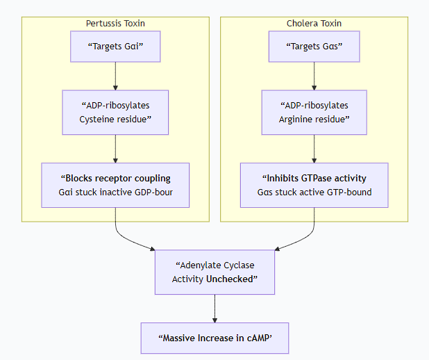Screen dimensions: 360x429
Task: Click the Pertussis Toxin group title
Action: (115, 24)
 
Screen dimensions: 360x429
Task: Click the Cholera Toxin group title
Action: (314, 24)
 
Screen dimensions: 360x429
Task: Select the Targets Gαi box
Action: (115, 47)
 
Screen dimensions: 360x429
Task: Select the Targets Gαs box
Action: (314, 47)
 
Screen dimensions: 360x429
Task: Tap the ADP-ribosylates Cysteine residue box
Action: (115, 112)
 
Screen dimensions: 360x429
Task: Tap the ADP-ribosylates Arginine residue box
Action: (314, 112)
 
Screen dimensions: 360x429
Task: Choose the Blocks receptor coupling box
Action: (115, 185)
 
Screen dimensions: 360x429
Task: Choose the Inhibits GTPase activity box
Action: (314, 185)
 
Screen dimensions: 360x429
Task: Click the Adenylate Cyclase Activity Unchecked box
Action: (214, 272)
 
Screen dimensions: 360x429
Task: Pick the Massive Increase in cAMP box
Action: (214, 338)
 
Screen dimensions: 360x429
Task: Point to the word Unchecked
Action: (231, 279)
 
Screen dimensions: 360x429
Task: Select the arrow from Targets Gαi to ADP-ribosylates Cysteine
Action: (115, 76)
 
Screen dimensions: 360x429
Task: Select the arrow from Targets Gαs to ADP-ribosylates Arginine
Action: (314, 76)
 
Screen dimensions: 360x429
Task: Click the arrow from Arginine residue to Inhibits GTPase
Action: (314, 148)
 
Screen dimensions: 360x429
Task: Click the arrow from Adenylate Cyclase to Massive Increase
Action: (214, 308)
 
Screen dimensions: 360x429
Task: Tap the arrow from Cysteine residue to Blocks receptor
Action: (115, 148)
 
